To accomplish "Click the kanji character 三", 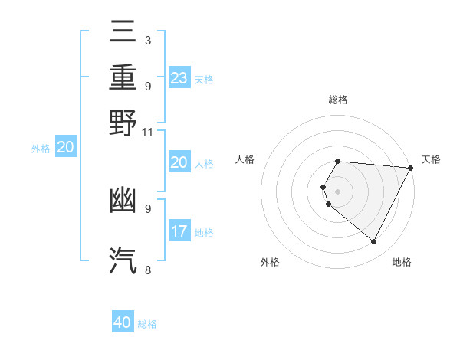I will click(123, 33).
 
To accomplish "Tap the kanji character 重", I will click(123, 77).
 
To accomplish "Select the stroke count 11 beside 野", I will click(147, 131).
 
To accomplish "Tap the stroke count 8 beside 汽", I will click(147, 269).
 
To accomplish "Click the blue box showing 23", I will click(179, 78).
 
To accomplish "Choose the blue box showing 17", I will click(179, 231).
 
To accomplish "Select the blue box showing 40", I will click(123, 322).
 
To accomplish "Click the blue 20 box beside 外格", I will click(65, 148).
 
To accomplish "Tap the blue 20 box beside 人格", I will click(179, 162).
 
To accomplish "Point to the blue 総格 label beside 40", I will click(147, 324).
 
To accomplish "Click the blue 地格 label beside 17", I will click(204, 233).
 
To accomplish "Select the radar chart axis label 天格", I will click(431, 159).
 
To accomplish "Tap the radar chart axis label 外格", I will click(270, 262).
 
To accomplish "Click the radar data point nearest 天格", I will click(411, 169).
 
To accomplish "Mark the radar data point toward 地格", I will click(374, 242).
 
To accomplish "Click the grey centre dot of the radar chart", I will click(337, 191).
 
